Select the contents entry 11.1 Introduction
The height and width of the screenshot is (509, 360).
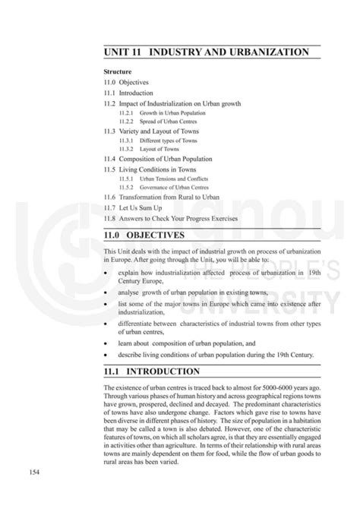(130, 92)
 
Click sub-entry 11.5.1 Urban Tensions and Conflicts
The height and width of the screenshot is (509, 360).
(163, 179)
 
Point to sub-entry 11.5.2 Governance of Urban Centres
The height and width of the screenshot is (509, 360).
(163, 188)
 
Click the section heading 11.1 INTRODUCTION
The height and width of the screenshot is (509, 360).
(153, 371)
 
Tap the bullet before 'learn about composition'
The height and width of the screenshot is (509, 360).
(106, 343)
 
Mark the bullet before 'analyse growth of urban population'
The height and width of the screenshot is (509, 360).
(106, 292)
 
